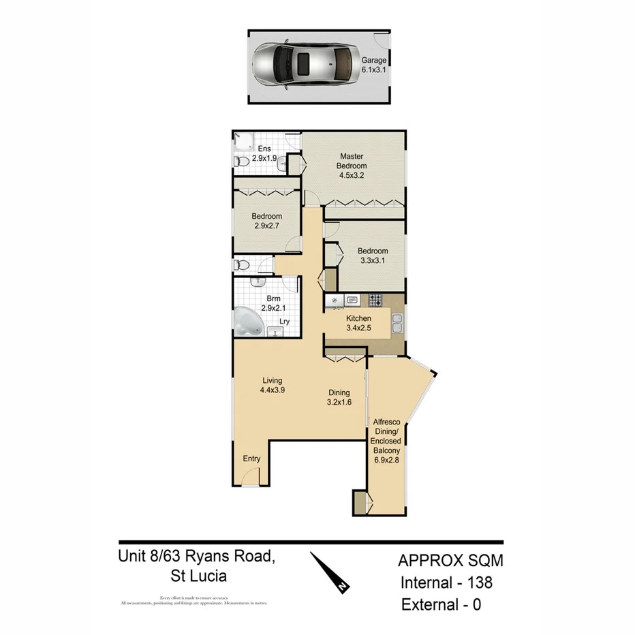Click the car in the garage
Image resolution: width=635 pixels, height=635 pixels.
click(x=304, y=66)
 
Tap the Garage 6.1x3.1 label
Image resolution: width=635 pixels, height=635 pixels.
click(x=373, y=65)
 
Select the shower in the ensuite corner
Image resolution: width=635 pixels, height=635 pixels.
click(x=243, y=141)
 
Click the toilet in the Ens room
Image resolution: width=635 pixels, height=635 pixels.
click(x=241, y=162)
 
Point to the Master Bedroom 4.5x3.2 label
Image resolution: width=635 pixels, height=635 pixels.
click(x=352, y=166)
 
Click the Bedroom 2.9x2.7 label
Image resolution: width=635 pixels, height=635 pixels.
click(x=266, y=221)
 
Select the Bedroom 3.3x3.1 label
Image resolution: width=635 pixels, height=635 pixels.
click(x=373, y=255)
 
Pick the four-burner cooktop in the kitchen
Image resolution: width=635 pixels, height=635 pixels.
click(x=375, y=299)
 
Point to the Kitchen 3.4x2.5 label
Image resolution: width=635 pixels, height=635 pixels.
click(x=358, y=323)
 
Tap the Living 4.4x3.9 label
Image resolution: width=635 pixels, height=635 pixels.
click(x=272, y=385)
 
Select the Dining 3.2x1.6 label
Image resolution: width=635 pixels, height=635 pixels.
click(x=339, y=397)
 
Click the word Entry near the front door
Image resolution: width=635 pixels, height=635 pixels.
click(x=251, y=459)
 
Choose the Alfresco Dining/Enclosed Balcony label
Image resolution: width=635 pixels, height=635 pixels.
click(x=386, y=441)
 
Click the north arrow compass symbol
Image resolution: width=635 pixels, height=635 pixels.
click(x=330, y=572)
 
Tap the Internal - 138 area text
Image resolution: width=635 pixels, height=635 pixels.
click(x=446, y=583)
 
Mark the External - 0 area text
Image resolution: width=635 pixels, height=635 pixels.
click(x=441, y=604)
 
